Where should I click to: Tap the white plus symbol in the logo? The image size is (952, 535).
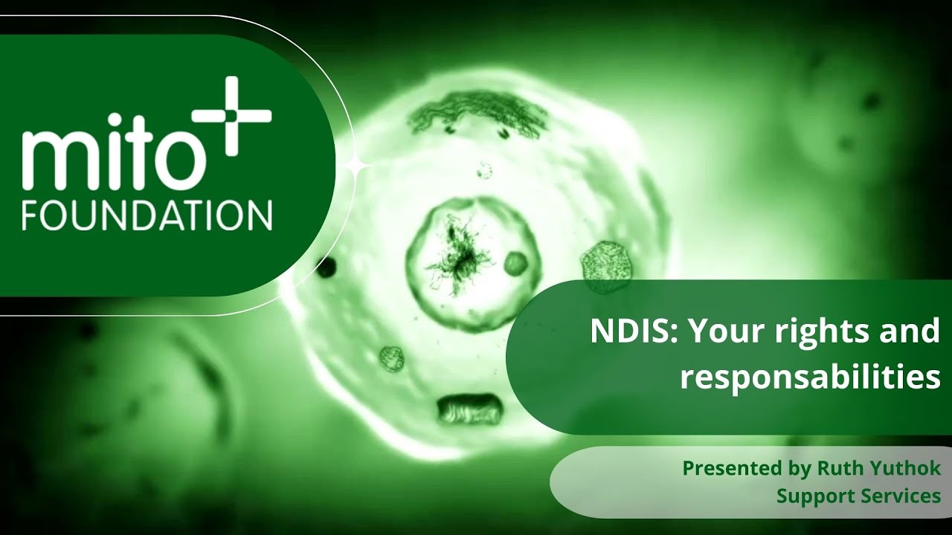click(232, 117)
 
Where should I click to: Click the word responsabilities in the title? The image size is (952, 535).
click(810, 377)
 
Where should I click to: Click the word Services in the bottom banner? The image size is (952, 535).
click(901, 496)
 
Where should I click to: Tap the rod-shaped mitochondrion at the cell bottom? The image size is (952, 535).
click(470, 409)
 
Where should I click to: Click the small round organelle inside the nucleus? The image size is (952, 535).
click(515, 262)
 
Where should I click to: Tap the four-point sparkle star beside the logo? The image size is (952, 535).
click(358, 169)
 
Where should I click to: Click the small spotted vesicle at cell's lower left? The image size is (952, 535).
click(392, 358)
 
